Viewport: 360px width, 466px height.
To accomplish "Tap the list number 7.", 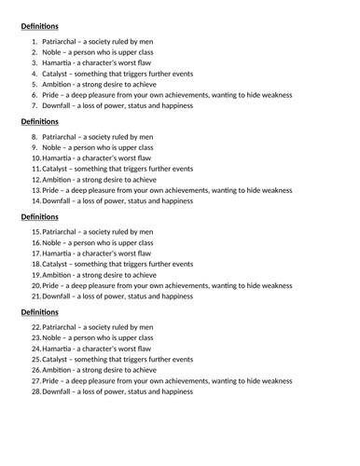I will (x=34, y=105).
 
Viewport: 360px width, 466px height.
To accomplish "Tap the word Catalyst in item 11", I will (x=58, y=169).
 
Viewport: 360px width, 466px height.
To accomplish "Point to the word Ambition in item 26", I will (x=60, y=370).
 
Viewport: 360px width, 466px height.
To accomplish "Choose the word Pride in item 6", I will (x=52, y=94).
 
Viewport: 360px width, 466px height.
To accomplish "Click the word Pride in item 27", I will (x=52, y=381).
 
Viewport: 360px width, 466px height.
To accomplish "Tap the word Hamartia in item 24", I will (x=59, y=349).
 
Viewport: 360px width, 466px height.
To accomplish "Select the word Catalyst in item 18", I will (x=58, y=264).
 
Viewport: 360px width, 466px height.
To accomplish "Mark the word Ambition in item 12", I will (x=60, y=179).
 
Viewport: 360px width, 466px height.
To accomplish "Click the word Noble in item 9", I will (x=53, y=147).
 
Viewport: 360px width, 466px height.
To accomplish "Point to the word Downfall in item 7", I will (x=59, y=105).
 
